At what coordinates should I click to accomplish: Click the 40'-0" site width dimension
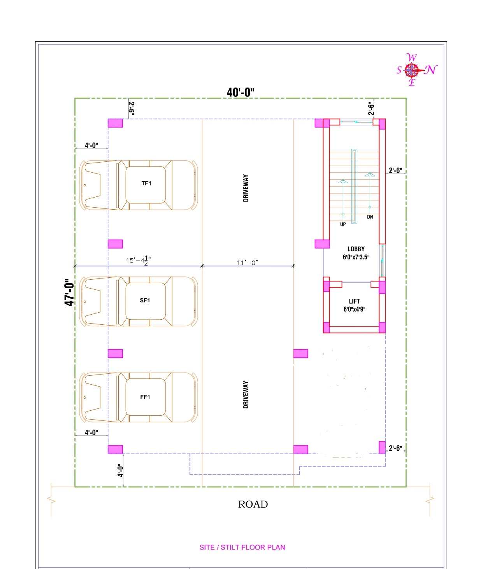[x=240, y=93]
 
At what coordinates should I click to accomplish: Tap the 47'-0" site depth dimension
[x=69, y=292]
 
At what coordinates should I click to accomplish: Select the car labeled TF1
[x=138, y=185]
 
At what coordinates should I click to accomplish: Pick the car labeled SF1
[x=138, y=301]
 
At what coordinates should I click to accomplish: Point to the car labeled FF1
[x=138, y=397]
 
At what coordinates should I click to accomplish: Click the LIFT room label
[x=354, y=301]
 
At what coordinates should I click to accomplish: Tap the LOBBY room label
[x=356, y=249]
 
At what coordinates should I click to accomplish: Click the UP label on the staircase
[x=343, y=224]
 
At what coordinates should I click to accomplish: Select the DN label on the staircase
[x=370, y=217]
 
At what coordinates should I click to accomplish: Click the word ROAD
[x=253, y=504]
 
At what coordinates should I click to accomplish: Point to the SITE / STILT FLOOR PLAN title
[x=242, y=547]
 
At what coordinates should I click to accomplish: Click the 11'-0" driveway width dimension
[x=248, y=263]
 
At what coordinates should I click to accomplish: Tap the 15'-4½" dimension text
[x=138, y=260]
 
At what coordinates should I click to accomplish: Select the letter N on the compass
[x=431, y=70]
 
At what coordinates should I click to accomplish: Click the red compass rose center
[x=412, y=70]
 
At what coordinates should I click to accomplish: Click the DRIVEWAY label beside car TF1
[x=246, y=188]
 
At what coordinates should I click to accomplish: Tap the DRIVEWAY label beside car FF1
[x=246, y=394]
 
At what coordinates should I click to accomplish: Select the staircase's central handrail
[x=354, y=186]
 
